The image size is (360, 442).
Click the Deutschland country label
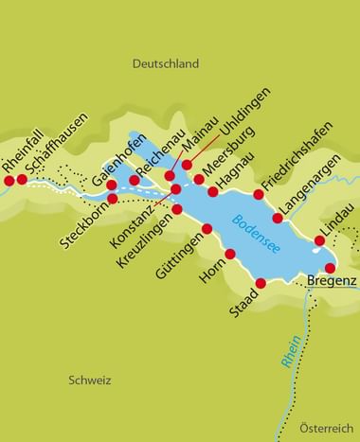164,64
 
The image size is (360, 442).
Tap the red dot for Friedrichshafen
259,194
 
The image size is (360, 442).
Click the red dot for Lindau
319,240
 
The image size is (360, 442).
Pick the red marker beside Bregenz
331,268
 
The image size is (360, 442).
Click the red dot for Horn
230,253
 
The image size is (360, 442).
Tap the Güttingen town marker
207,229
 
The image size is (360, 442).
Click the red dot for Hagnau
214,191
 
